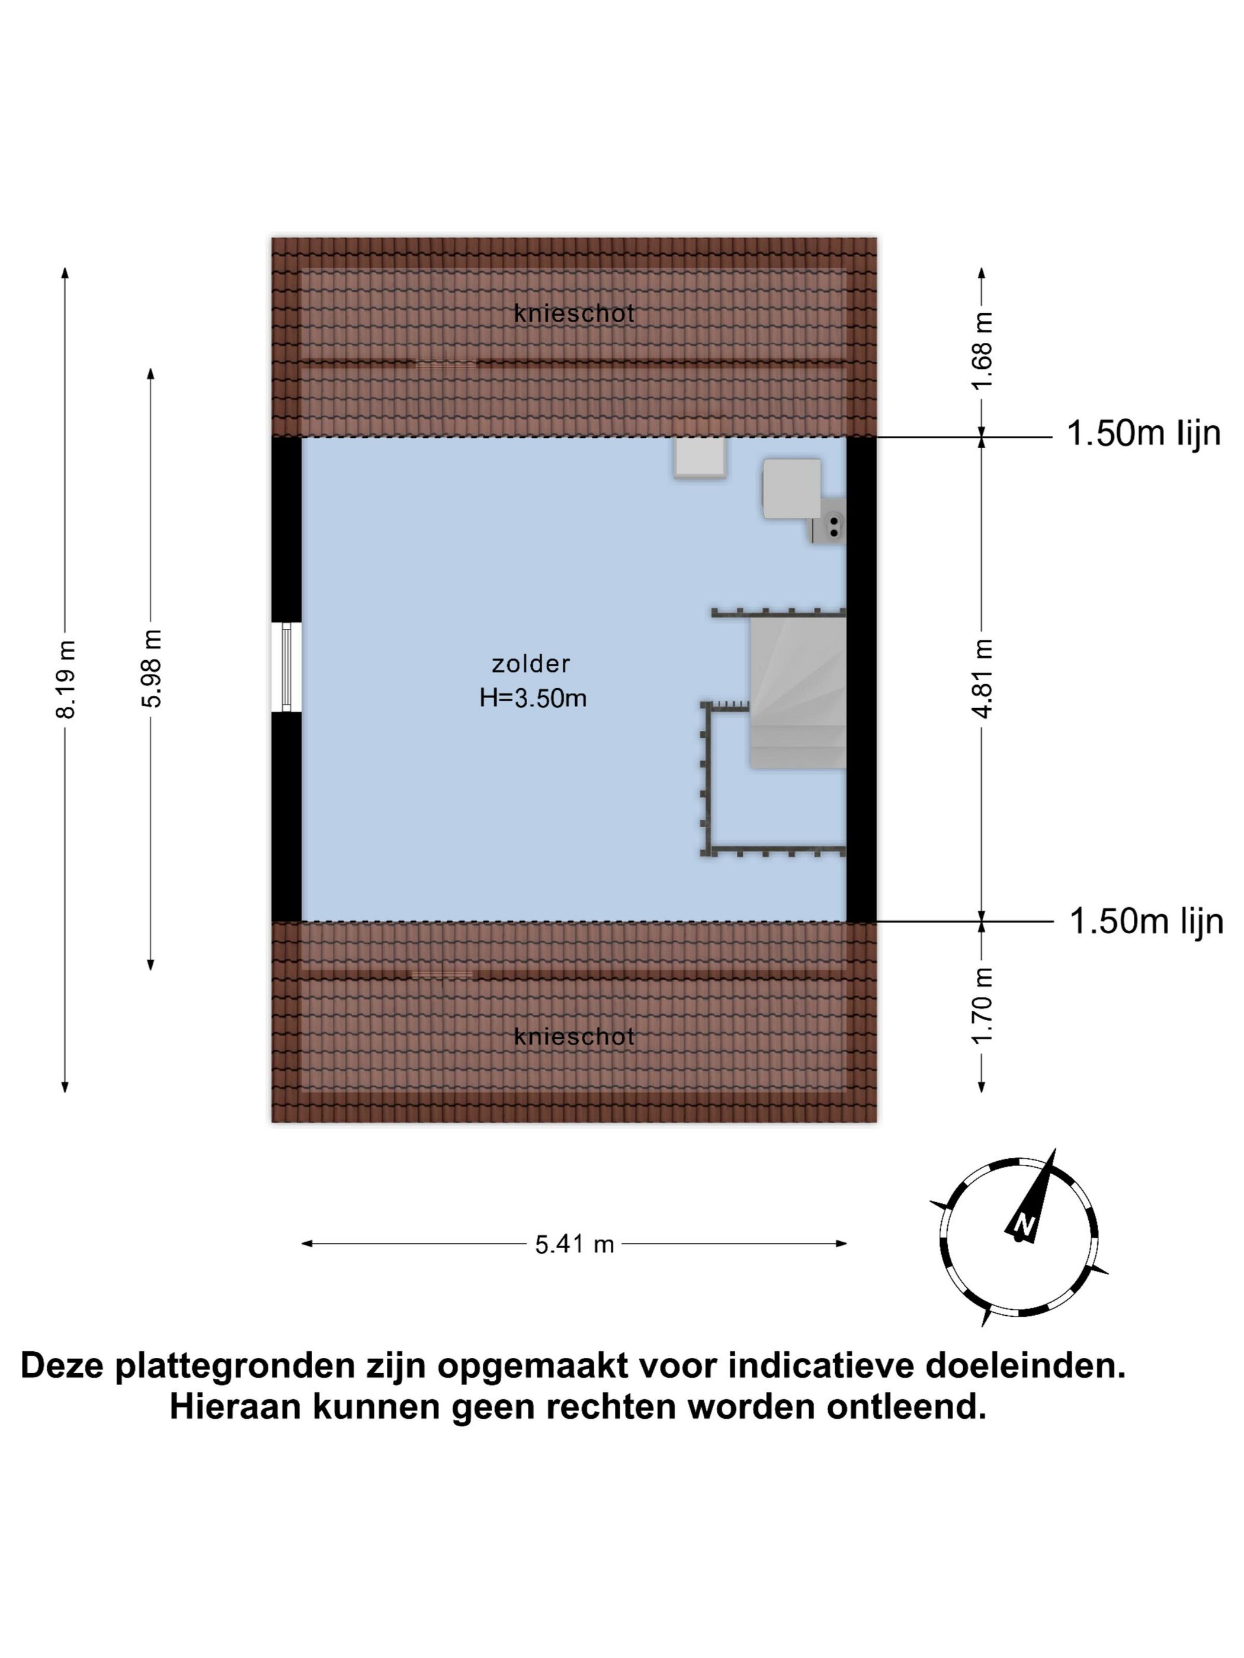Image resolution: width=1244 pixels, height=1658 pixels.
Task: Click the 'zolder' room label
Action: point(530,663)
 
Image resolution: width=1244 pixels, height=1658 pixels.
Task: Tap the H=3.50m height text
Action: point(533,698)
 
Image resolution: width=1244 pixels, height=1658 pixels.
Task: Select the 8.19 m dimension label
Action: point(66,679)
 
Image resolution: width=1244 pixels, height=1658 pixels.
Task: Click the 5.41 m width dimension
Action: point(575,1244)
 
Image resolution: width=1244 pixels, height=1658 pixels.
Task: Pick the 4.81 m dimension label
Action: point(982,677)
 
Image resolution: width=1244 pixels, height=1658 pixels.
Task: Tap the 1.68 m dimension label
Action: point(982,350)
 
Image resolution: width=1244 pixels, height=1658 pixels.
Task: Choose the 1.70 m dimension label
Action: point(982,1005)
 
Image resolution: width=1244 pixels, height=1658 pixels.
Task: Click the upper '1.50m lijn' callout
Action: point(1143,433)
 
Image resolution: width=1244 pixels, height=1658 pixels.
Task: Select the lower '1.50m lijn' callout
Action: point(1146,921)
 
